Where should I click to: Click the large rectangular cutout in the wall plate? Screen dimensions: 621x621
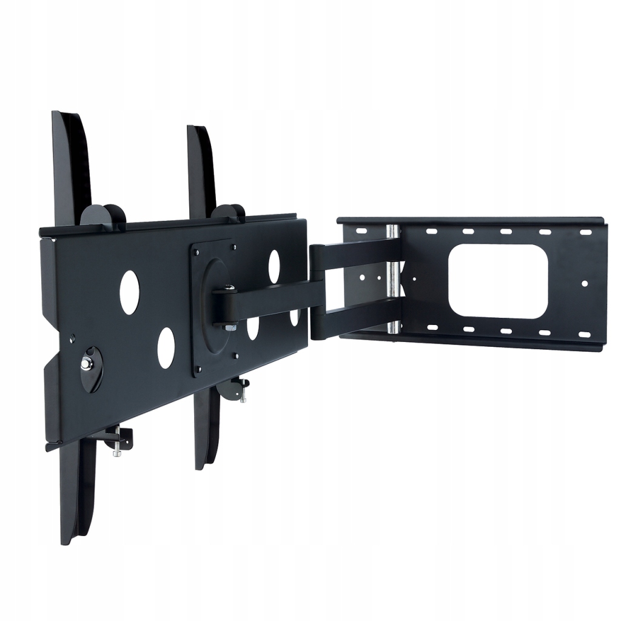pos(498,281)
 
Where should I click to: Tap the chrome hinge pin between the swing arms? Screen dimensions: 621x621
pos(393,279)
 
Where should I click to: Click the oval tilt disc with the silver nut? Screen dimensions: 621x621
pos(92,369)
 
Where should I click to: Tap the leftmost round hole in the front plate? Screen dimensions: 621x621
pos(129,292)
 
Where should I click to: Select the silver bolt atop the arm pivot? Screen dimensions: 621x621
pos(229,288)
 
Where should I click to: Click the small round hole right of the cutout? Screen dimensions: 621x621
pos(585,283)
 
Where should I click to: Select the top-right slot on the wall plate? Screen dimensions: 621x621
pos(585,232)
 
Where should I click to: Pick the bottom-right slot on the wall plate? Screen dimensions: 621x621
pos(585,334)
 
